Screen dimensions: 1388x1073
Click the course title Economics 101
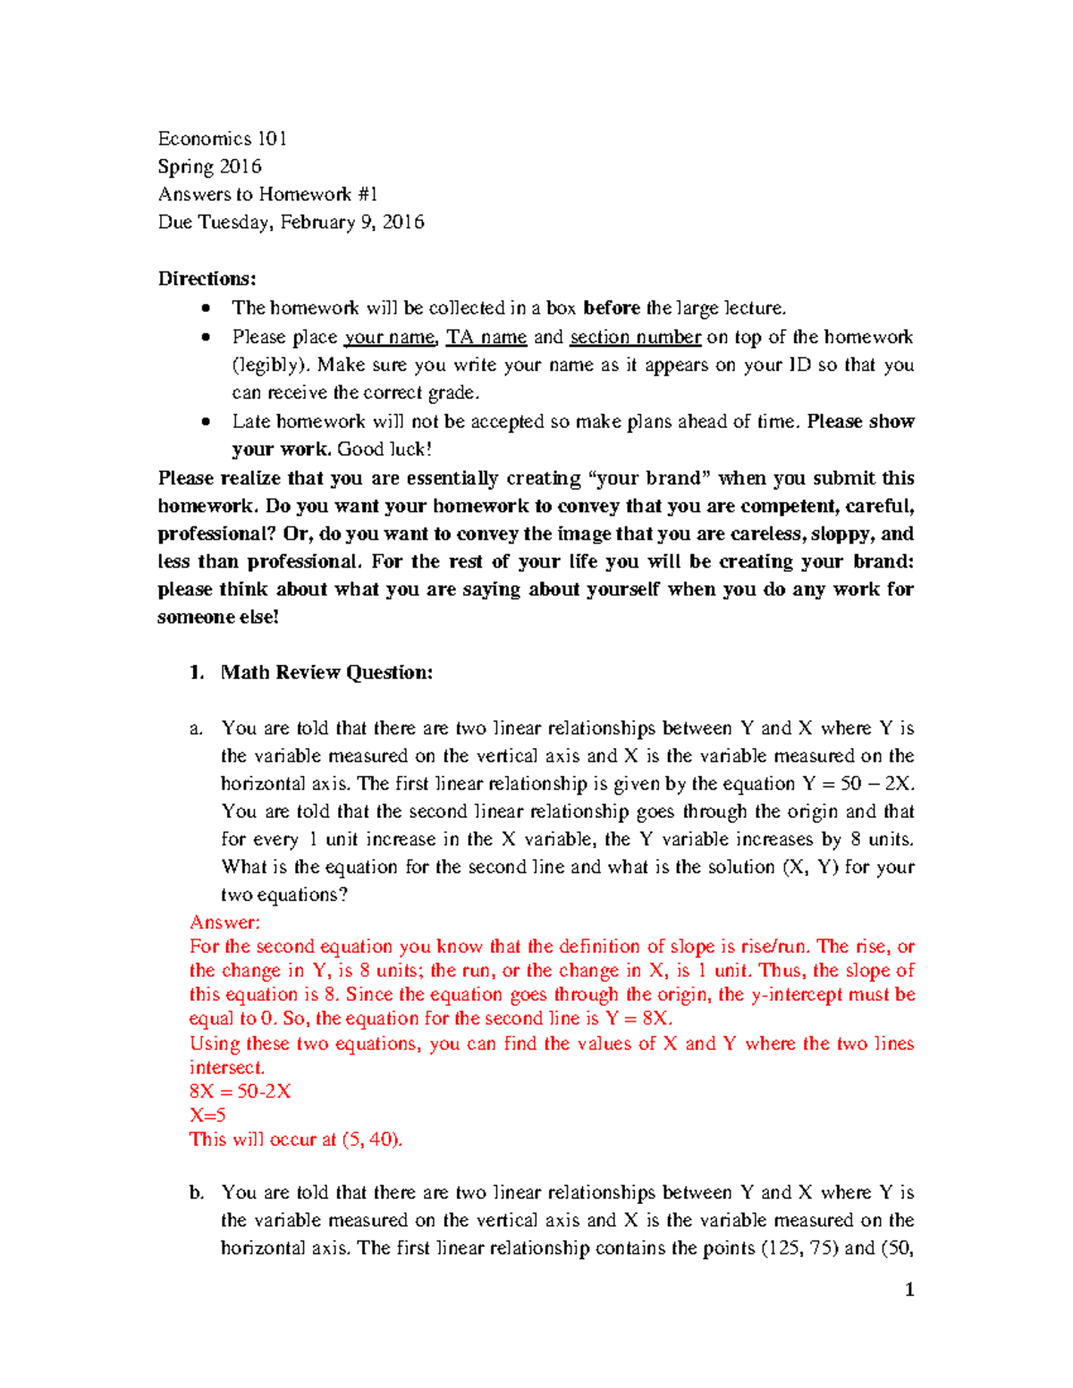click(x=222, y=139)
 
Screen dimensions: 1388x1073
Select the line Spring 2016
click(x=209, y=166)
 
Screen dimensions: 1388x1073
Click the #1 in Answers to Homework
click(x=367, y=194)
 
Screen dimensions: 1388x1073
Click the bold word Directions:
click(x=207, y=278)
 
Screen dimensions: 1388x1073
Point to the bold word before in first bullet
click(x=611, y=308)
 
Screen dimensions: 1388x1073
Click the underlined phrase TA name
click(x=486, y=337)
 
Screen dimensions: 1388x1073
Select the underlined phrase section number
click(x=635, y=337)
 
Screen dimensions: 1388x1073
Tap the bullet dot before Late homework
click(x=207, y=421)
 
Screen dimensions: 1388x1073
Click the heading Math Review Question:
click(x=326, y=672)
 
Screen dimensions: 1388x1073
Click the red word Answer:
click(x=224, y=922)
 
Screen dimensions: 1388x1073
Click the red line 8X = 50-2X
click(x=240, y=1091)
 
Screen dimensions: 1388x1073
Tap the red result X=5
click(x=207, y=1115)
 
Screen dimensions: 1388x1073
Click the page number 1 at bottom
click(x=909, y=1289)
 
